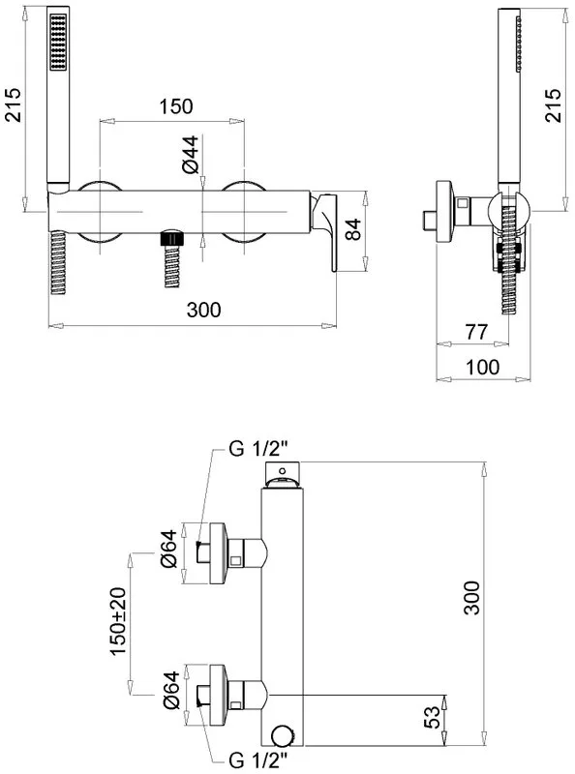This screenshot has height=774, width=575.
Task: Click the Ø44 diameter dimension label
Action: coord(191,154)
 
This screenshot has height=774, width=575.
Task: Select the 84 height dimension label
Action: coord(352,229)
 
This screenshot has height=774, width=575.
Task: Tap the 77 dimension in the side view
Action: coord(475,332)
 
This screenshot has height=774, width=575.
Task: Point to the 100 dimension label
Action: coord(482,367)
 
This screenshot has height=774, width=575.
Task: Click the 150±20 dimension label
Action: coord(118,621)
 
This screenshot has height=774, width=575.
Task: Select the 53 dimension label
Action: coord(432,717)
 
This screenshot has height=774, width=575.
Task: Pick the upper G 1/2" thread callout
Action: coord(257,450)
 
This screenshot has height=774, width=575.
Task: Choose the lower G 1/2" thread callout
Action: coord(257,760)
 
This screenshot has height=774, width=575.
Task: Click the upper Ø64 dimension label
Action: coord(169,549)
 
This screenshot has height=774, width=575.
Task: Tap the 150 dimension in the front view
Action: coord(176,106)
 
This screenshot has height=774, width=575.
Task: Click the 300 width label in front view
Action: coord(203,310)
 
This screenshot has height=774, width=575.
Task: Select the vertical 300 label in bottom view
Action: coord(471,598)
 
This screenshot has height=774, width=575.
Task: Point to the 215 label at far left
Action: coord(13,104)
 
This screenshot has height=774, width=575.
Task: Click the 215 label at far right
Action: coord(553,105)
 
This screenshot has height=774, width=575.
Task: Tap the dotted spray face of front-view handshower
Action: coord(58,42)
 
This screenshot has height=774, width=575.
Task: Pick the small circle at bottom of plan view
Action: coord(283,735)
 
